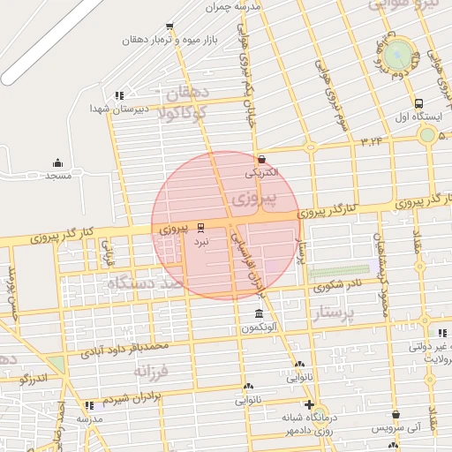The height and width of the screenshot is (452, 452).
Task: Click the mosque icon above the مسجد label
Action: click(x=58, y=162)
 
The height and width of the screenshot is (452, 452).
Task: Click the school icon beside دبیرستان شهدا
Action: click(x=119, y=95)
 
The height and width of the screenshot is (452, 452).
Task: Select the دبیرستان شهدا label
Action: click(x=109, y=108)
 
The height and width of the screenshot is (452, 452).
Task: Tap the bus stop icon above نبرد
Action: click(x=200, y=226)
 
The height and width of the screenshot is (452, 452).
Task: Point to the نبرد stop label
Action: click(x=201, y=239)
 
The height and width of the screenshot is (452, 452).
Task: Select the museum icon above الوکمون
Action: click(x=259, y=314)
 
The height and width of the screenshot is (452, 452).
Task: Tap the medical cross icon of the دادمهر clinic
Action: click(x=308, y=406)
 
